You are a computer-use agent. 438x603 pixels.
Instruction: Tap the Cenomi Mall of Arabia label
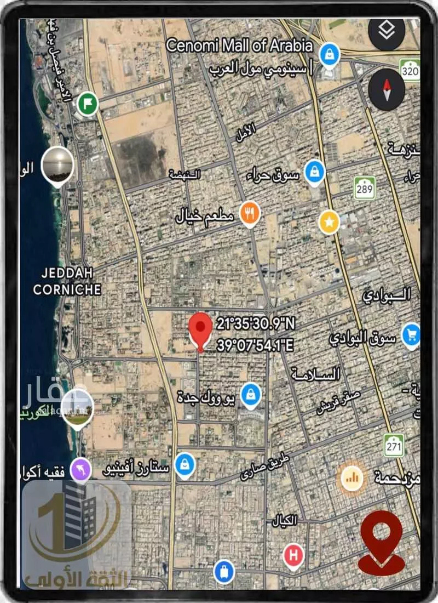pyautogui.click(x=239, y=45)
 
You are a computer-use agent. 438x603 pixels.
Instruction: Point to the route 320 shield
pyautogui.click(x=410, y=71)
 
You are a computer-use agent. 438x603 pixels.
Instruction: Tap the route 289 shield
pyautogui.click(x=364, y=188)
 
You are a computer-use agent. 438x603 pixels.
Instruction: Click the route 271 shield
pyautogui.click(x=394, y=445)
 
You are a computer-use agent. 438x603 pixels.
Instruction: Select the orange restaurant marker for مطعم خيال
pyautogui.click(x=250, y=213)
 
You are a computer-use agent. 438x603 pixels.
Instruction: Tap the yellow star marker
pyautogui.click(x=329, y=222)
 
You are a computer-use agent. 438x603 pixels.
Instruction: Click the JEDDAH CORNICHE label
pyautogui.click(x=67, y=281)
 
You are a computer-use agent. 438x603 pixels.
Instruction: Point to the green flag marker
pyautogui.click(x=87, y=103)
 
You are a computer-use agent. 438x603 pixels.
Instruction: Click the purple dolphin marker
pyautogui.click(x=82, y=469)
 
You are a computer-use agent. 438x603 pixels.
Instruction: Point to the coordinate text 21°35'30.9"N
pyautogui.click(x=256, y=324)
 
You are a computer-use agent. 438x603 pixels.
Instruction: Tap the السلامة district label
pyautogui.click(x=316, y=374)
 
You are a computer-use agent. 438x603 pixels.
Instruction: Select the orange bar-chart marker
pyautogui.click(x=352, y=478)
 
